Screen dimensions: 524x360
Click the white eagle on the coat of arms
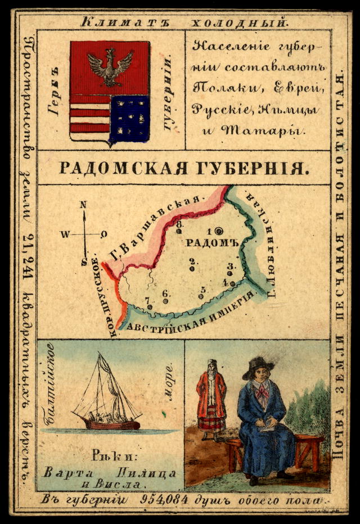tap(110, 65)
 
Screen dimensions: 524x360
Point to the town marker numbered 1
tap(218, 231)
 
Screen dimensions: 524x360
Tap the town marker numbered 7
tap(150, 306)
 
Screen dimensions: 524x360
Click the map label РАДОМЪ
tap(213, 242)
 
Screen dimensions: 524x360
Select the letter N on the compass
tap(84, 206)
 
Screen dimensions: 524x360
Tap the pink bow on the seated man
tap(262, 391)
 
